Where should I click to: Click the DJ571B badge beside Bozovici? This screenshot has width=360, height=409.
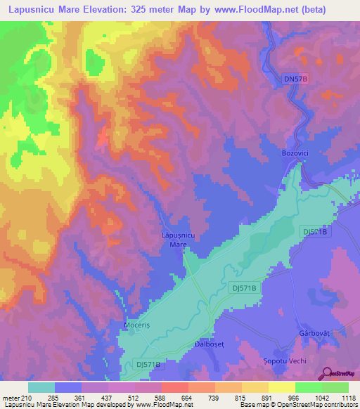tap(315, 231)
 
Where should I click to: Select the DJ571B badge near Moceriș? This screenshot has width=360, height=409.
tap(150, 364)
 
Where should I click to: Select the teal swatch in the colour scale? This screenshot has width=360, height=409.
tap(41, 387)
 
